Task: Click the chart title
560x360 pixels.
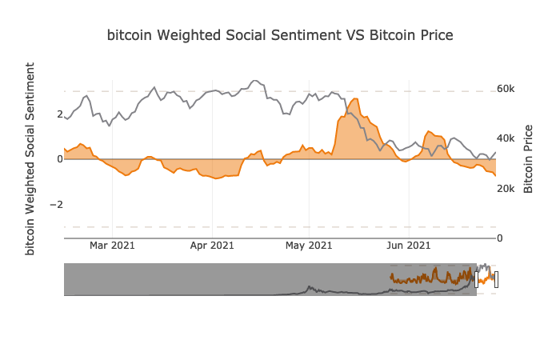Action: (280, 35)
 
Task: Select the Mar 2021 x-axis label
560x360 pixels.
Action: (112, 246)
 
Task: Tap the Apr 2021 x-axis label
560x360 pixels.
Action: (212, 246)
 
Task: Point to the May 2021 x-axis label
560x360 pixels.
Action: (309, 246)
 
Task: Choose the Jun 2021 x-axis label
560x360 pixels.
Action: (409, 246)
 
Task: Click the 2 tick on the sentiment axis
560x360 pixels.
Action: (59, 114)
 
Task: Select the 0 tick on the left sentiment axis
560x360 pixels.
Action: (59, 159)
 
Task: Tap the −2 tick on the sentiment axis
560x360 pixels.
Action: (56, 205)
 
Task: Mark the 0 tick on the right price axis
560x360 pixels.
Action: (500, 238)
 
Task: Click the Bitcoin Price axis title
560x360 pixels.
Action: (529, 158)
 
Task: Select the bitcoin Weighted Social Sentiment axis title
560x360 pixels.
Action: (30, 158)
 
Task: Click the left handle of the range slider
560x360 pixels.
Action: (477, 279)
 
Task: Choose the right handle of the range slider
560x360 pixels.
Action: (496, 279)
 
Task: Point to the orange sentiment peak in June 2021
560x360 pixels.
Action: (430, 131)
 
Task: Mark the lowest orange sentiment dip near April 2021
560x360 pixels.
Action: (216, 178)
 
